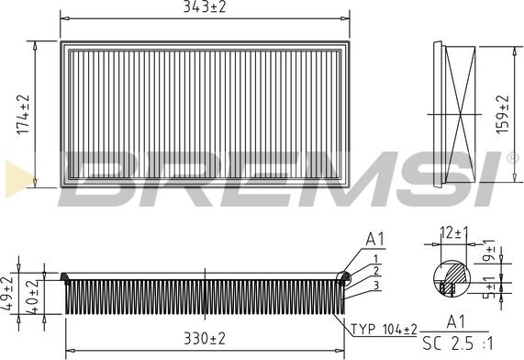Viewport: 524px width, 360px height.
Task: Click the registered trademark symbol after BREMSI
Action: tap(512, 158)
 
